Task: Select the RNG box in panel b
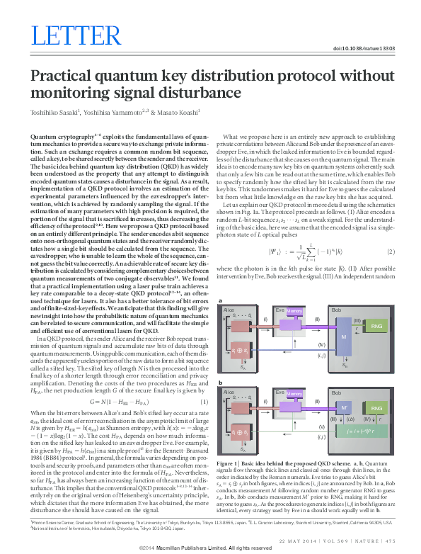click(376, 408)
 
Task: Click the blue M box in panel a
click(343, 337)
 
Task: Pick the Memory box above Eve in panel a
click(295, 311)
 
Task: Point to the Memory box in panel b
click(295, 392)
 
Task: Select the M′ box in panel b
click(343, 408)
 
